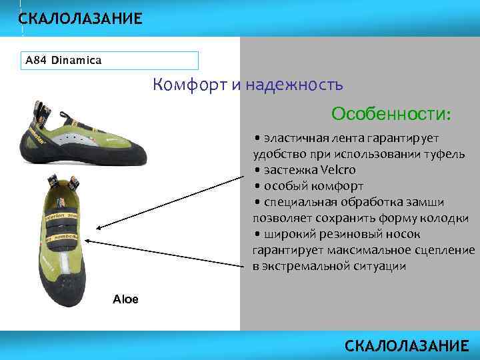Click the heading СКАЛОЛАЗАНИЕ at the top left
(x=80, y=19)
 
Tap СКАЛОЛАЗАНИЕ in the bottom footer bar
(x=407, y=346)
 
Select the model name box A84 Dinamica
(x=111, y=61)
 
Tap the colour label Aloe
(x=125, y=299)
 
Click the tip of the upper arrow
(x=94, y=228)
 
